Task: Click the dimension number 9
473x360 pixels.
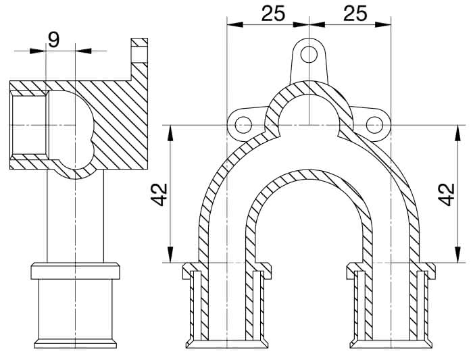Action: click(x=53, y=40)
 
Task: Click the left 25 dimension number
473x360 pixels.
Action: click(x=273, y=14)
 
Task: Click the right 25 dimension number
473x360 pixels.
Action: click(x=355, y=14)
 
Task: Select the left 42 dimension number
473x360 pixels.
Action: click(x=159, y=195)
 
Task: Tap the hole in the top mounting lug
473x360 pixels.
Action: click(x=309, y=55)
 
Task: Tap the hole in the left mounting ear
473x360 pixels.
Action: click(x=243, y=125)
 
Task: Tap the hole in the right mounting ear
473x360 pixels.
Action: click(x=374, y=125)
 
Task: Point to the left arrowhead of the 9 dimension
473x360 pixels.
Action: click(x=37, y=51)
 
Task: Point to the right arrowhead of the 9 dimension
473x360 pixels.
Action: click(x=83, y=51)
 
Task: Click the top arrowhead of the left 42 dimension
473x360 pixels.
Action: click(x=170, y=133)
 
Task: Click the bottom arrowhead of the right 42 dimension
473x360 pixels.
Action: click(x=458, y=255)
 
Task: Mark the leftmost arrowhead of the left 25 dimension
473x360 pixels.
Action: click(x=234, y=24)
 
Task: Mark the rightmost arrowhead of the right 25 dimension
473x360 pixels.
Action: click(x=383, y=24)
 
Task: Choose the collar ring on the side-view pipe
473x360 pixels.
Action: click(x=76, y=271)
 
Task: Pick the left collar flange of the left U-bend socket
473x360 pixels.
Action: click(x=187, y=270)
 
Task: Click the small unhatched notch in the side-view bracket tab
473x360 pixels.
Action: click(x=139, y=54)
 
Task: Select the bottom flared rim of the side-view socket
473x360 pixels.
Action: click(x=76, y=343)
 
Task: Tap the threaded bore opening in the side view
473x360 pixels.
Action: click(x=29, y=125)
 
